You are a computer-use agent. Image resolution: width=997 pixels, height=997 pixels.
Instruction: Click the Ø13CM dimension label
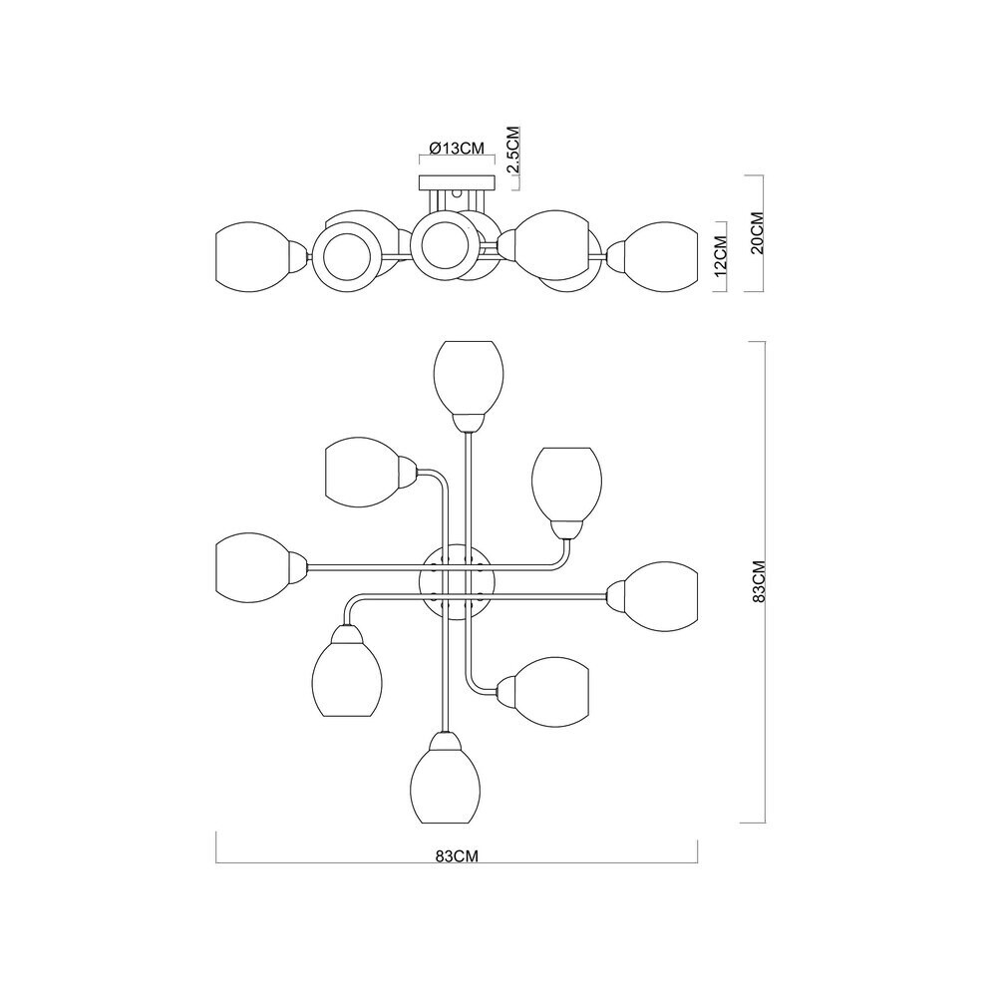click(457, 149)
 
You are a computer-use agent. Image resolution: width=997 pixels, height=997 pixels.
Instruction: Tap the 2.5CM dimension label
click(513, 151)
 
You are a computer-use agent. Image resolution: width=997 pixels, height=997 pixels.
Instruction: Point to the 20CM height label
click(757, 232)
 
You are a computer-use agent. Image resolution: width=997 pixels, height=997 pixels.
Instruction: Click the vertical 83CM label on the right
click(758, 581)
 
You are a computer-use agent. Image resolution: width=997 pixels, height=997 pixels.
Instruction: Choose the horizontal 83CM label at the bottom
click(457, 855)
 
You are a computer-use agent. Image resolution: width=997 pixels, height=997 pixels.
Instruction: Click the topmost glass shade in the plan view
click(468, 377)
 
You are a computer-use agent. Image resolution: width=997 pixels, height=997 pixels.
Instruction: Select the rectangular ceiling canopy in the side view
click(457, 183)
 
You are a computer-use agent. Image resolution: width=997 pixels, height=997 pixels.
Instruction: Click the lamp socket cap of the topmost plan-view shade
click(468, 422)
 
